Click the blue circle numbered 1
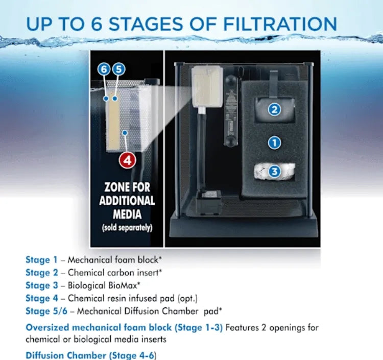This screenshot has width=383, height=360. point(274,142)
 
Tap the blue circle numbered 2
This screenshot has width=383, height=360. point(274,109)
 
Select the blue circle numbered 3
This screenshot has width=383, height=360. point(274,171)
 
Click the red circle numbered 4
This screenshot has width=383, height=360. point(127,160)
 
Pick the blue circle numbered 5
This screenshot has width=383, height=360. point(118,69)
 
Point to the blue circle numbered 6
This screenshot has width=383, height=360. point(104,69)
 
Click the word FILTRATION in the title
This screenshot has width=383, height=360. point(280,24)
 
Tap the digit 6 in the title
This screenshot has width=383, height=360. point(97,24)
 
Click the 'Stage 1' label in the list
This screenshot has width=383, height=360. point(41,260)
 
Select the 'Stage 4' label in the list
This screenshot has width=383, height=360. point(42,298)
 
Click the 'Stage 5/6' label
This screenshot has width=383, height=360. point(46,311)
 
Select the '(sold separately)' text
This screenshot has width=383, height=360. point(127,228)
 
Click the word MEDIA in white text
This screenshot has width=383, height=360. point(127,214)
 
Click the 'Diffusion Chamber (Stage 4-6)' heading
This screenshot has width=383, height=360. point(90,355)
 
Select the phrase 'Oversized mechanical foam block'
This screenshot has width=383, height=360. point(99,327)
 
